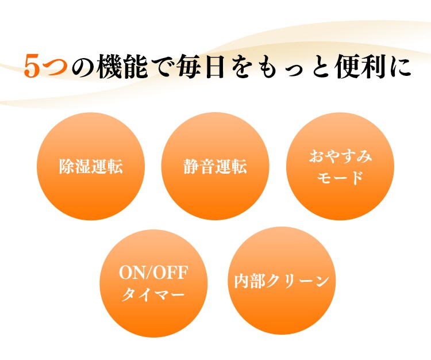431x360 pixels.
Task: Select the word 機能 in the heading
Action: tap(122, 66)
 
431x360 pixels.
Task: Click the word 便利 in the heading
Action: tap(361, 66)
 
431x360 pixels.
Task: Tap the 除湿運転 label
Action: tap(91, 166)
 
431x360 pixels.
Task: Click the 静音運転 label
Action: tap(215, 166)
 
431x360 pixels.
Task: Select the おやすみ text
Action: tap(340, 156)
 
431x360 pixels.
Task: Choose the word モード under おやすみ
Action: tap(340, 177)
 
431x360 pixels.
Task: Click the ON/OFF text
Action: tap(153, 273)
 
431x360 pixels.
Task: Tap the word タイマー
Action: tap(153, 294)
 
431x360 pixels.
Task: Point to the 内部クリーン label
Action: tap(282, 281)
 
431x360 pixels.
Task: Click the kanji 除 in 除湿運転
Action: tap(67, 166)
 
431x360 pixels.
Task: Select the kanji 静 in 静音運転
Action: tap(191, 166)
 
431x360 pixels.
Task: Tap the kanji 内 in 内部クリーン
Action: tap(242, 281)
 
